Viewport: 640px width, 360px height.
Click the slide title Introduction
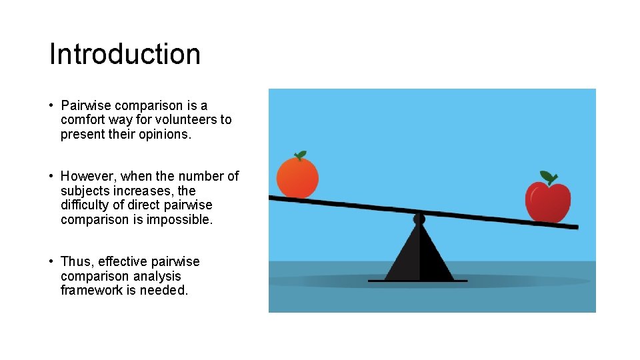pos(125,54)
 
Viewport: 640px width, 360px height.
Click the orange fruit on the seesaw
pos(297,177)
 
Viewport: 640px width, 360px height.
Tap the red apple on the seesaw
pos(548,201)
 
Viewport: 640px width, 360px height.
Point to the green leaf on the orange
pos(301,155)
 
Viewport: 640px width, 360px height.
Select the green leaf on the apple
pos(548,177)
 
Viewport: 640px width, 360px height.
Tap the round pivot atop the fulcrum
pos(419,219)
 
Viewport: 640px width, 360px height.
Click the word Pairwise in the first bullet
pos(87,105)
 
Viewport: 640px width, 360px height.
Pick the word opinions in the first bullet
pos(163,134)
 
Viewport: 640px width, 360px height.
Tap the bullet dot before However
pos(51,176)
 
